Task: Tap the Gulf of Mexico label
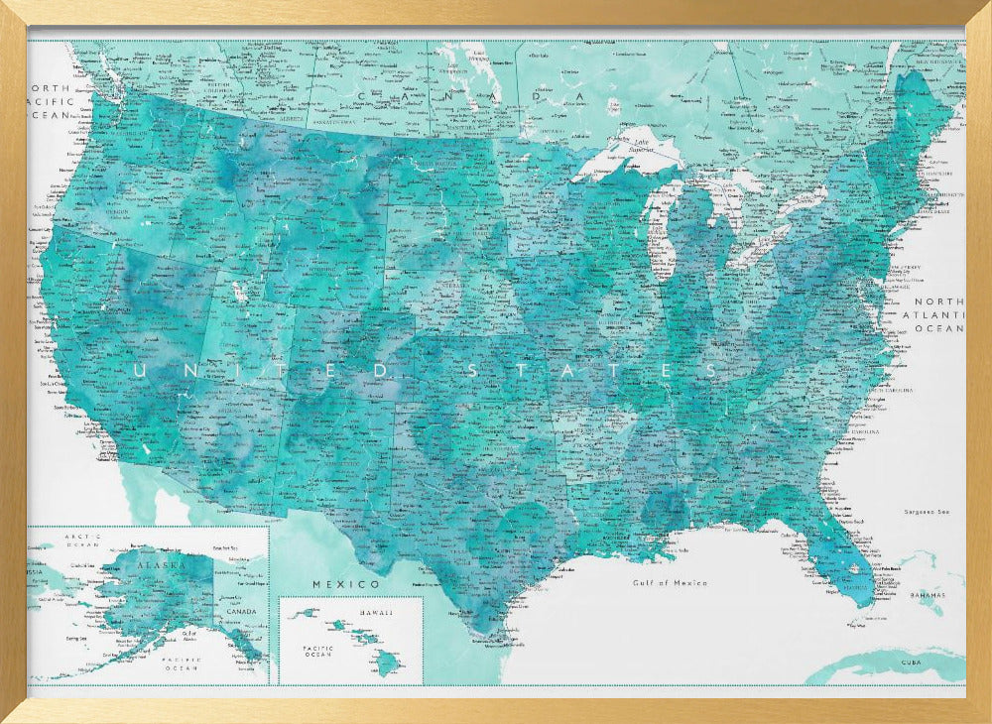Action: [x=670, y=583]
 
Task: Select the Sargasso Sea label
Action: [x=927, y=512]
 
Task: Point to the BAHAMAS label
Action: [x=927, y=596]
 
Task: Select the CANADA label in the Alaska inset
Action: [x=240, y=611]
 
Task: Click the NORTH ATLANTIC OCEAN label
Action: [x=937, y=314]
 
